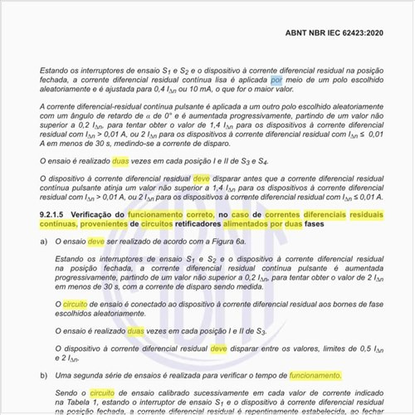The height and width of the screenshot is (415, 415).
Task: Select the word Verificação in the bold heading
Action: (x=99, y=214)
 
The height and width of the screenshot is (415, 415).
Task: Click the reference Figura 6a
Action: (x=228, y=241)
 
